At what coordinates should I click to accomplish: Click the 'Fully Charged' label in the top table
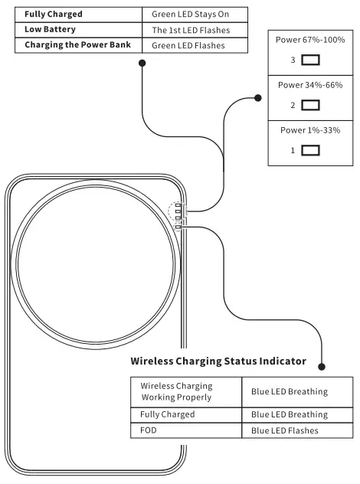[53, 15]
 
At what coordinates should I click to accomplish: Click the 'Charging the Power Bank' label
[77, 44]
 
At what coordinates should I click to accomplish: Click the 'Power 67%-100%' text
[311, 39]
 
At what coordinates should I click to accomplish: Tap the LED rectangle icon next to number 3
[311, 59]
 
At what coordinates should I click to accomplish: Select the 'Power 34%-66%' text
[311, 85]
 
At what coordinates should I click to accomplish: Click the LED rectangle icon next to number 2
[311, 105]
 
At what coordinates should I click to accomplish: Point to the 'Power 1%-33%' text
[311, 130]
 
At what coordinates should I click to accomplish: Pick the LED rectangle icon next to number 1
[311, 151]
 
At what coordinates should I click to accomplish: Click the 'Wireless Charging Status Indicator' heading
[218, 361]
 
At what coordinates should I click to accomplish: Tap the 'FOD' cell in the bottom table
[149, 430]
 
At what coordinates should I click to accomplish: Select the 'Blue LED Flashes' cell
[284, 430]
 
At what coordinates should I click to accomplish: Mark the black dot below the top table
[142, 64]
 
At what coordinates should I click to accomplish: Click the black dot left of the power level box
[257, 97]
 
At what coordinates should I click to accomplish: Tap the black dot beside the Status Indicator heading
[322, 367]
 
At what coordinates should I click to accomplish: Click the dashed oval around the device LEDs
[177, 215]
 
